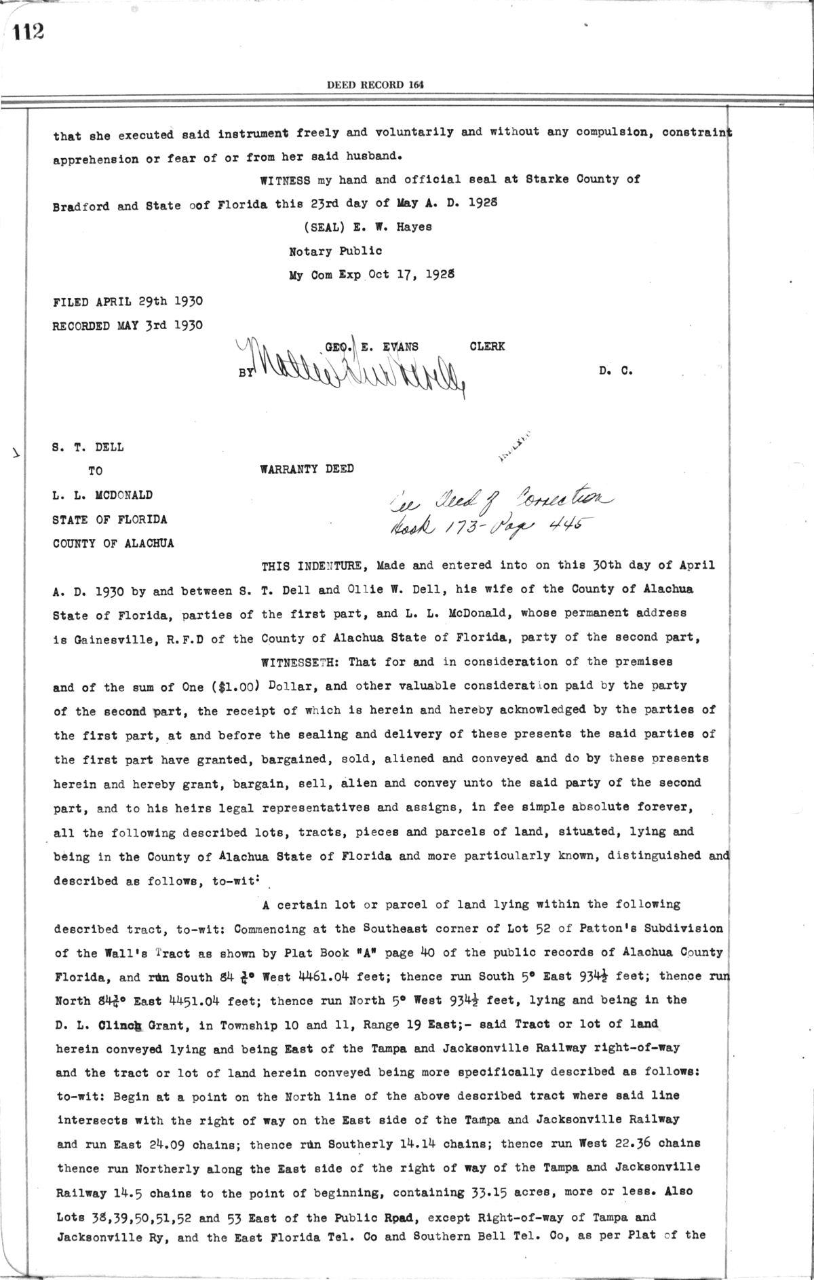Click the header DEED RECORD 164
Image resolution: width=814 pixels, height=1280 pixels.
375,85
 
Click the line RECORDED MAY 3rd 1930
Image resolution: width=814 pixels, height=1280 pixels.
128,325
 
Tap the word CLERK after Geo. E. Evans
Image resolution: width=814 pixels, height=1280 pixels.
487,346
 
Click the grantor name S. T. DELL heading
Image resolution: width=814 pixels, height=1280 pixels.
88,447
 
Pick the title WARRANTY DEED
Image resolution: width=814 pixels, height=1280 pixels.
307,469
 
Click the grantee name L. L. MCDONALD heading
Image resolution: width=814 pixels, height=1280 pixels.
102,495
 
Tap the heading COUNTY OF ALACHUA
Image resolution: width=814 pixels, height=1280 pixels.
113,544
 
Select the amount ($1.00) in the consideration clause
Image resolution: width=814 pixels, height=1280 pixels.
235,686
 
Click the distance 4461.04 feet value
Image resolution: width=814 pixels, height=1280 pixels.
330,977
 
